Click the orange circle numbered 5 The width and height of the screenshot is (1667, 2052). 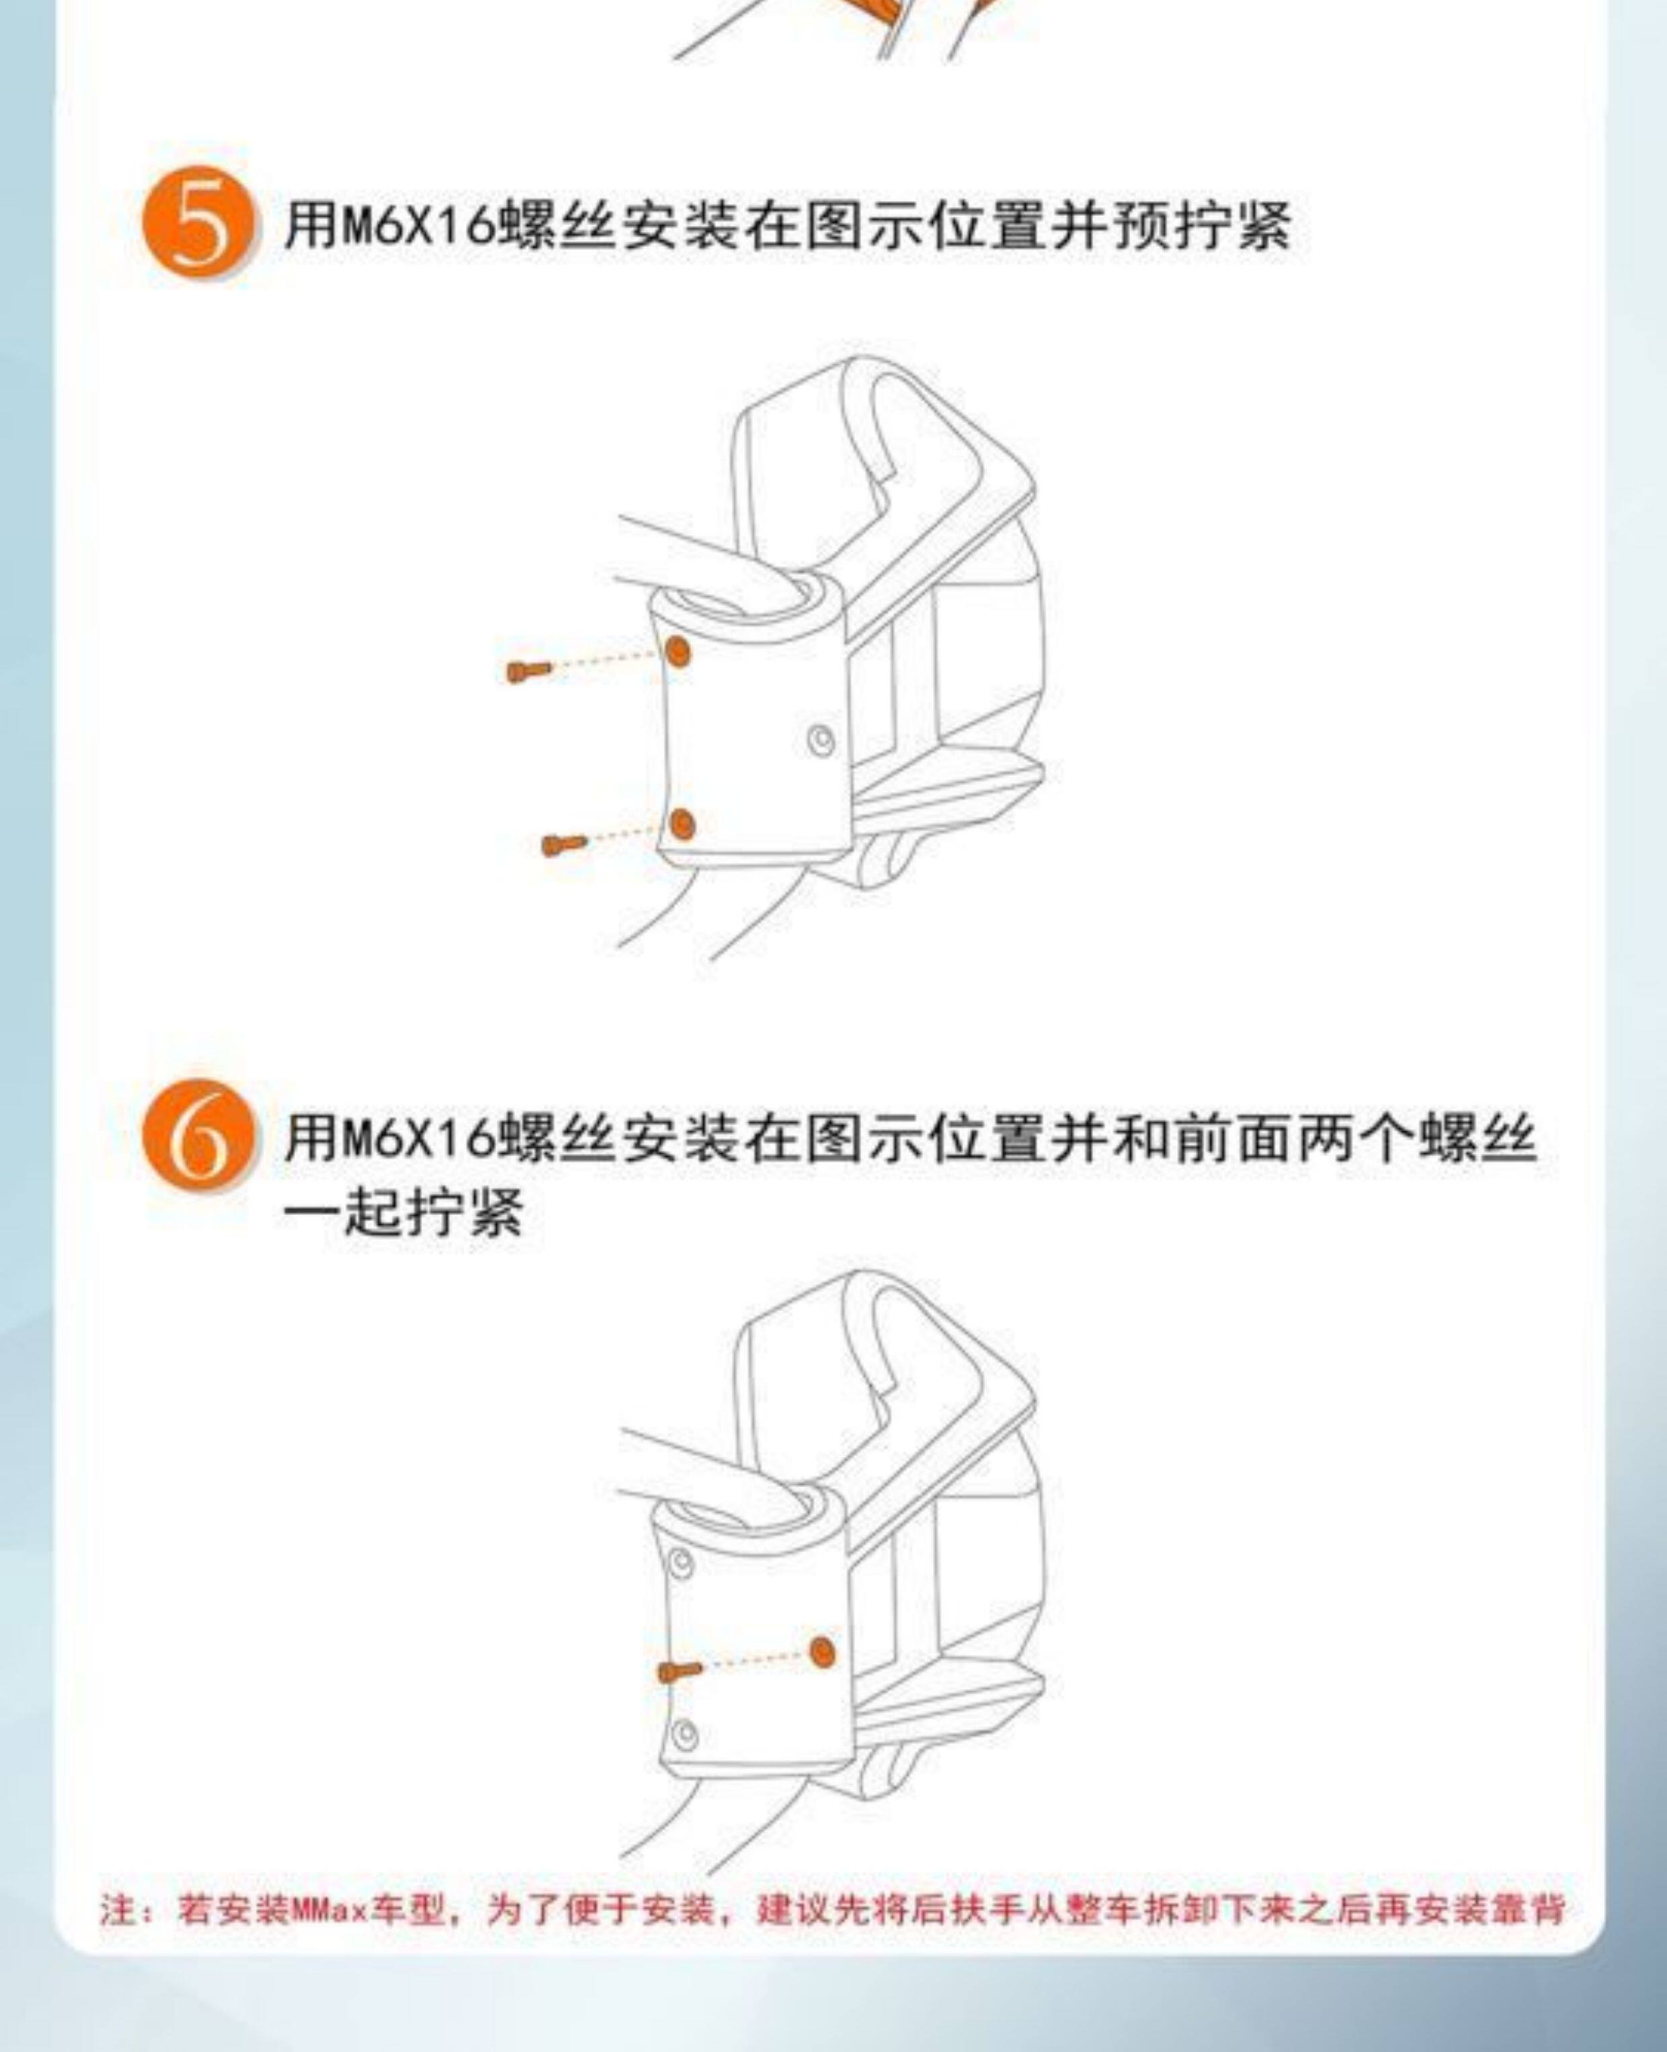pos(199,222)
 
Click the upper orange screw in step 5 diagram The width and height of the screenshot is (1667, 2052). pos(529,670)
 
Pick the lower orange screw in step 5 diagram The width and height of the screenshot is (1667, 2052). pos(564,844)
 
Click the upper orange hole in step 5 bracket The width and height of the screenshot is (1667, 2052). pos(678,652)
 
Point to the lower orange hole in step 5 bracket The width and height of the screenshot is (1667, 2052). pos(682,824)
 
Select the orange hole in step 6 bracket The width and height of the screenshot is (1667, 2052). pos(822,1651)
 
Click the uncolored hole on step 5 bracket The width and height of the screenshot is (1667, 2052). pos(821,740)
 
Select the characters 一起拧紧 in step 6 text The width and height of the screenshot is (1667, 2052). pos(403,1212)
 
